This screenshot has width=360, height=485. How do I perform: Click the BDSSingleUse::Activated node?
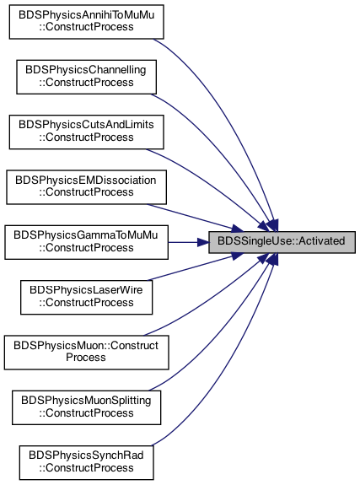[x=282, y=242]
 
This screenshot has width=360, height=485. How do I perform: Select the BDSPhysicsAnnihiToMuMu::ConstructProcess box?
[x=86, y=22]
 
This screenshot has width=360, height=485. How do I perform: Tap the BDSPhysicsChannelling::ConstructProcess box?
[x=86, y=77]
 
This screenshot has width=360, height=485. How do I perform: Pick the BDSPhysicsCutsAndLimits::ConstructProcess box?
[x=86, y=132]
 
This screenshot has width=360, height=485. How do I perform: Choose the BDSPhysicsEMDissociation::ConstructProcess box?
[x=86, y=187]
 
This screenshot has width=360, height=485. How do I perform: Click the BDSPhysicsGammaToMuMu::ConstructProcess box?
[x=86, y=242]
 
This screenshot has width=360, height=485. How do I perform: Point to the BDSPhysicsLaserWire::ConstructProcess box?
[x=86, y=297]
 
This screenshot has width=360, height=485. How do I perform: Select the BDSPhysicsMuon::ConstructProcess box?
[x=86, y=353]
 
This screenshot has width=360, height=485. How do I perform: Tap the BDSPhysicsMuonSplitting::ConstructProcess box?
[x=86, y=407]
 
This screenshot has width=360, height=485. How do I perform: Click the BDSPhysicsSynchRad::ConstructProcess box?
[x=86, y=462]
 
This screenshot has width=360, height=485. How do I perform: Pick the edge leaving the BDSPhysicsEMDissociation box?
[x=195, y=217]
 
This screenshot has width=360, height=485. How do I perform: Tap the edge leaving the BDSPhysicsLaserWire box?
[x=196, y=267]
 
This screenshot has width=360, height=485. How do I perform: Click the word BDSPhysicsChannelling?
[x=86, y=70]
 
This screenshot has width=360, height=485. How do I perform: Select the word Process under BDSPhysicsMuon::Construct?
[x=86, y=358]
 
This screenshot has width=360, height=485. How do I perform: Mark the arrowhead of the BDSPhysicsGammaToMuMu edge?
[x=203, y=242]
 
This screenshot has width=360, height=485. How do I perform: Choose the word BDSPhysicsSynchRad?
[x=86, y=455]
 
